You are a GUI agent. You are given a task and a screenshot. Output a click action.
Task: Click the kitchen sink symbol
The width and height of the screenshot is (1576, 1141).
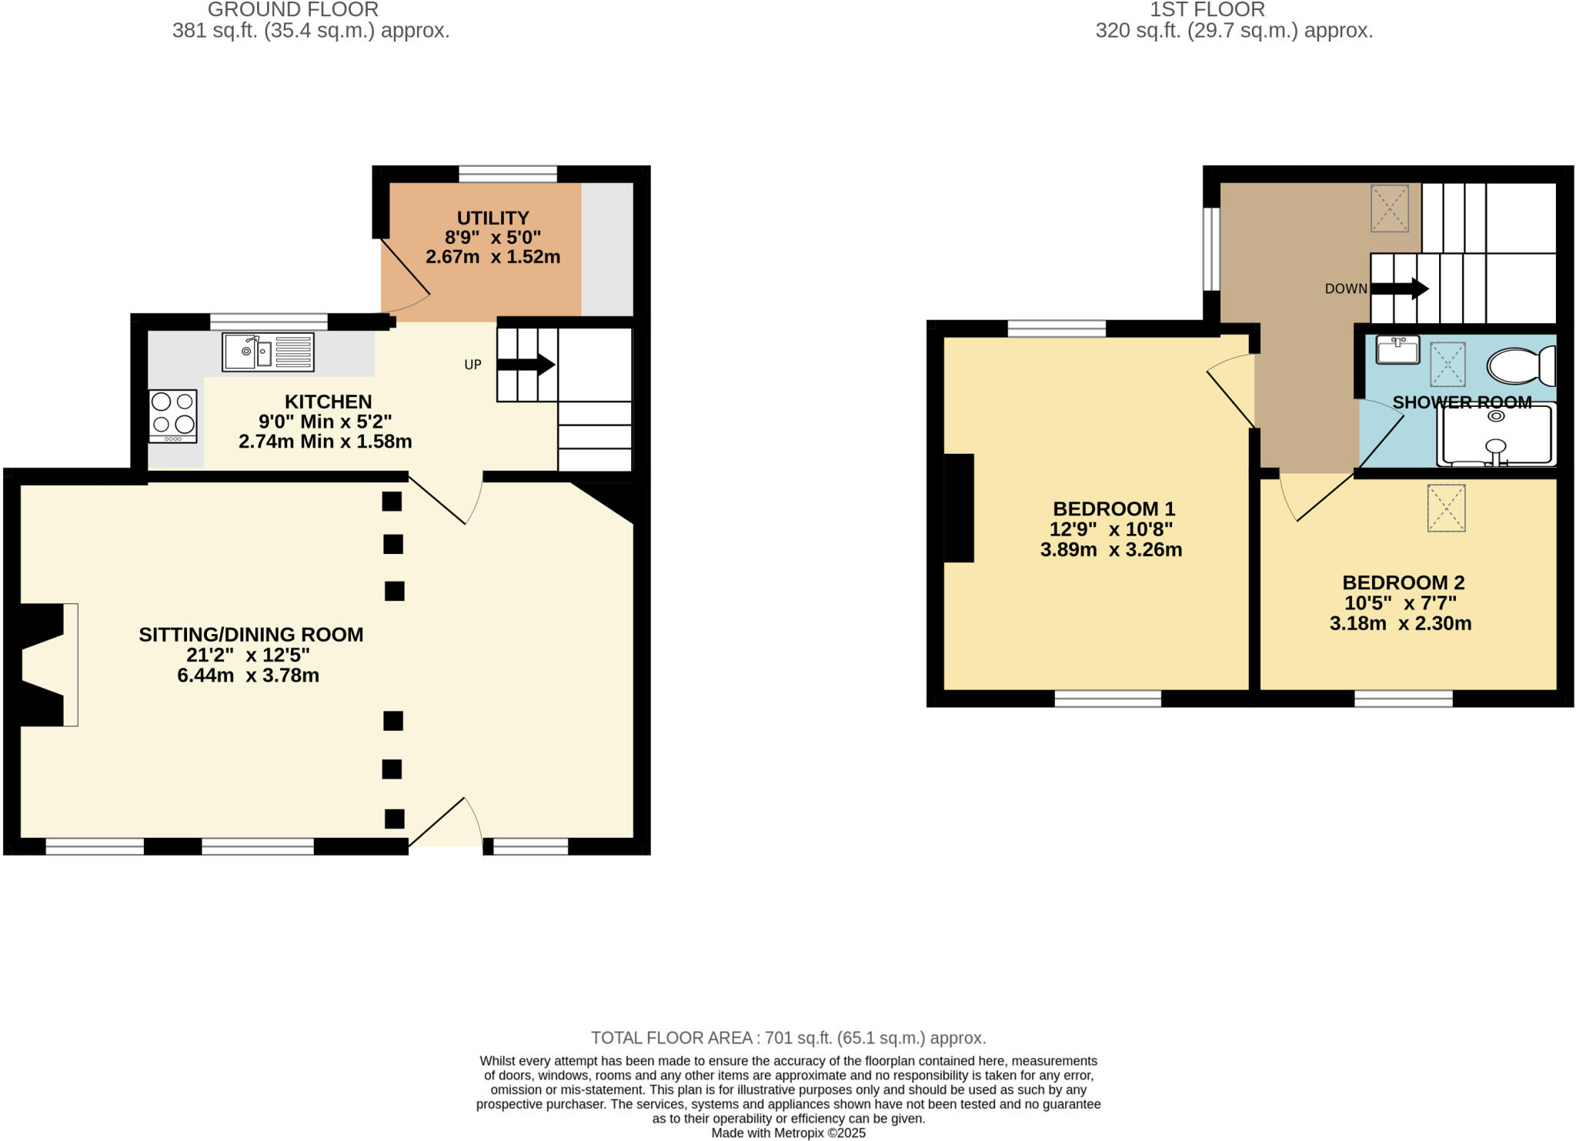pyautogui.click(x=268, y=352)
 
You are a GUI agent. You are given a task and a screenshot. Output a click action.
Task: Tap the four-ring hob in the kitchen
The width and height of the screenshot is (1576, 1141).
pyautogui.click(x=173, y=416)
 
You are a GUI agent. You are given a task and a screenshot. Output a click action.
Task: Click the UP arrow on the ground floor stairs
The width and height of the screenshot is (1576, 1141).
pyautogui.click(x=526, y=365)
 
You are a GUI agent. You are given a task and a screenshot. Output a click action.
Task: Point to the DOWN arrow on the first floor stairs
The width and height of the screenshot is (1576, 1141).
pyautogui.click(x=1400, y=289)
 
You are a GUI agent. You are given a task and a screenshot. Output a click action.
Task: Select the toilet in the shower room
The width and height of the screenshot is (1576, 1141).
pyautogui.click(x=1521, y=366)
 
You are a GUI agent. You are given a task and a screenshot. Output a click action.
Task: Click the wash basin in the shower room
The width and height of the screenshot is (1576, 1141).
pyautogui.click(x=1397, y=350)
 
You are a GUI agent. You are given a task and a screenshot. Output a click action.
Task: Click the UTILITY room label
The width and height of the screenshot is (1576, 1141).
pyautogui.click(x=492, y=218)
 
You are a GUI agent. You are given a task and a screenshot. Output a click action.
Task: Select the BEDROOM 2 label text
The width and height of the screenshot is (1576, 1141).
pyautogui.click(x=1403, y=582)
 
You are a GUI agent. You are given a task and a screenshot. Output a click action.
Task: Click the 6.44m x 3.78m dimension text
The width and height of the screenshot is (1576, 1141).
pyautogui.click(x=248, y=676)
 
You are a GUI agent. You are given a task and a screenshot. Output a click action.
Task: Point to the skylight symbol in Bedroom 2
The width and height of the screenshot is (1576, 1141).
pyautogui.click(x=1446, y=508)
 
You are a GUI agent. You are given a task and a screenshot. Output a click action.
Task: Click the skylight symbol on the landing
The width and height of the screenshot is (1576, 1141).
pyautogui.click(x=1389, y=209)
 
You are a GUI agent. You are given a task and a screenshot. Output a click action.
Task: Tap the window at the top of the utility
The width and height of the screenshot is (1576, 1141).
pyautogui.click(x=508, y=174)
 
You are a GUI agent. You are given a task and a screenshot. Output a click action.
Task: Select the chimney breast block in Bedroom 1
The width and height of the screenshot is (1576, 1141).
pyautogui.click(x=959, y=508)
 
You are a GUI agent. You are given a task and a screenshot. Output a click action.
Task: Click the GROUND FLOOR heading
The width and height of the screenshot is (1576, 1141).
pyautogui.click(x=292, y=10)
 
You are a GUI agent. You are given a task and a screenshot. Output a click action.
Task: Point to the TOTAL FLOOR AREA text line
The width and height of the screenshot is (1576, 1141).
pyautogui.click(x=788, y=1038)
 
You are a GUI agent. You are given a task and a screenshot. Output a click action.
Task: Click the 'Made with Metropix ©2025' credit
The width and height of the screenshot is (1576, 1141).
pyautogui.click(x=788, y=1133)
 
